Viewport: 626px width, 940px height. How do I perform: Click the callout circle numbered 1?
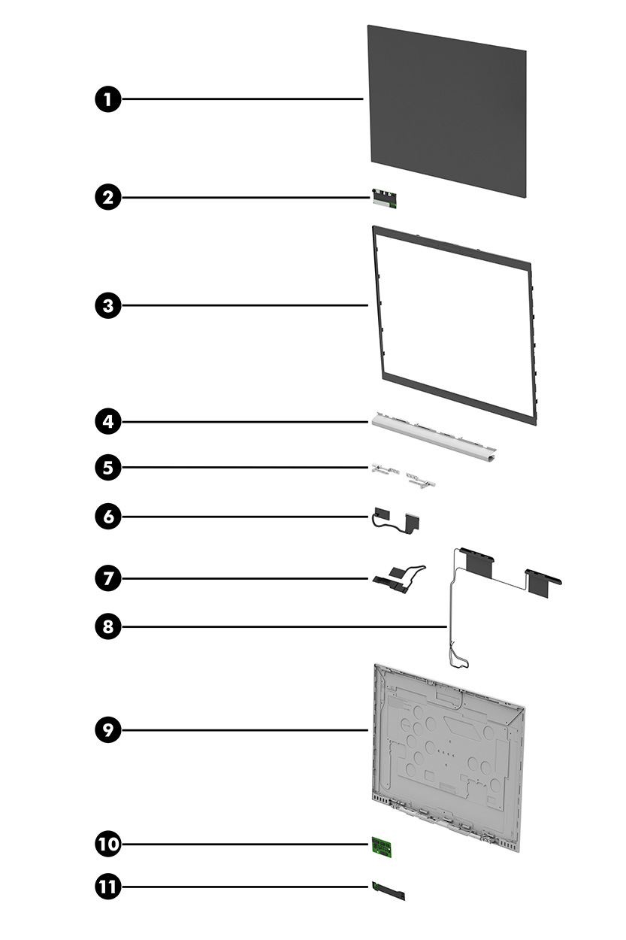coord(108,99)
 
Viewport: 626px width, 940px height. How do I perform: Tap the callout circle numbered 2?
coord(108,198)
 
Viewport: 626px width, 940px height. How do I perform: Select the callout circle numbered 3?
coord(108,305)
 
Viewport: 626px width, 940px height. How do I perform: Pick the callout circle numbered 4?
coord(108,421)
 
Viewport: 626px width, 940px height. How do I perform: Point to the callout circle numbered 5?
coord(108,467)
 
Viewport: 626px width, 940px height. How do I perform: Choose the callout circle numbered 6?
coord(108,517)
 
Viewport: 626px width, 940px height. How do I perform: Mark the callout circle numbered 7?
coord(108,578)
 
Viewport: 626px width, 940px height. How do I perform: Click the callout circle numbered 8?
coord(108,626)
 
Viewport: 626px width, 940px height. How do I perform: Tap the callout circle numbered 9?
coord(108,729)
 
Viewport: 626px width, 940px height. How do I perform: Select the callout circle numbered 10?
coord(108,844)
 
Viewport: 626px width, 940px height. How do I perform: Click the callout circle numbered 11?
coord(108,887)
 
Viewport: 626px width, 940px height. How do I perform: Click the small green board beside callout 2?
coord(384,199)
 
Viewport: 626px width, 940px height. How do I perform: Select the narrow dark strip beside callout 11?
coord(388,892)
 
